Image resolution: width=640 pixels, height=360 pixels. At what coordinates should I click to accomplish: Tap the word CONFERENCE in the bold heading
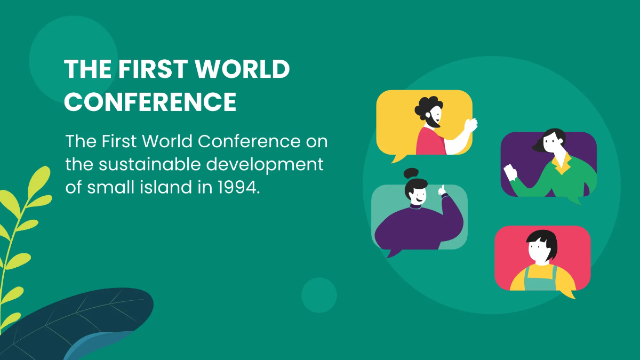(150, 101)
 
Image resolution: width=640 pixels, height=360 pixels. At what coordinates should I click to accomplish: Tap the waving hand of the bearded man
(470, 126)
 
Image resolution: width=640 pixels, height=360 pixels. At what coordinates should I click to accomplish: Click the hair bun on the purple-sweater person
(411, 173)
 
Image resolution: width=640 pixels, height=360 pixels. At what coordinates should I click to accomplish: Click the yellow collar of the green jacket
(560, 163)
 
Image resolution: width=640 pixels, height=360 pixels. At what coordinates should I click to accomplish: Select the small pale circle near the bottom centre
(319, 295)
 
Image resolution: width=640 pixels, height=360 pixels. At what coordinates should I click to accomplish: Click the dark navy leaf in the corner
(80, 320)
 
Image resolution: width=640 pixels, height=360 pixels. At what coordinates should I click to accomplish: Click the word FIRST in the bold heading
(157, 70)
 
